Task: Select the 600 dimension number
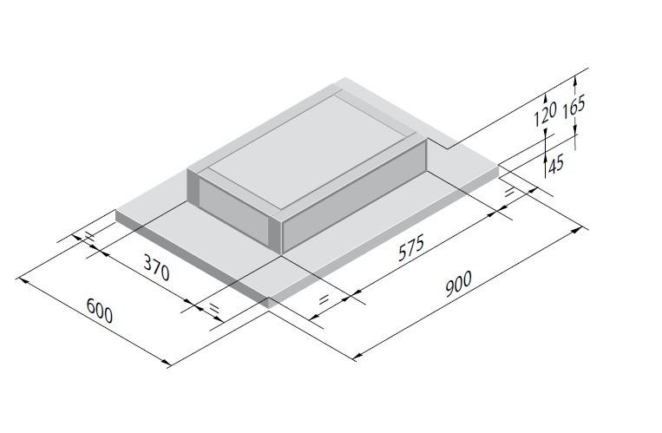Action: pos(100,310)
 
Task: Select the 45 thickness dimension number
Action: pos(556,162)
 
